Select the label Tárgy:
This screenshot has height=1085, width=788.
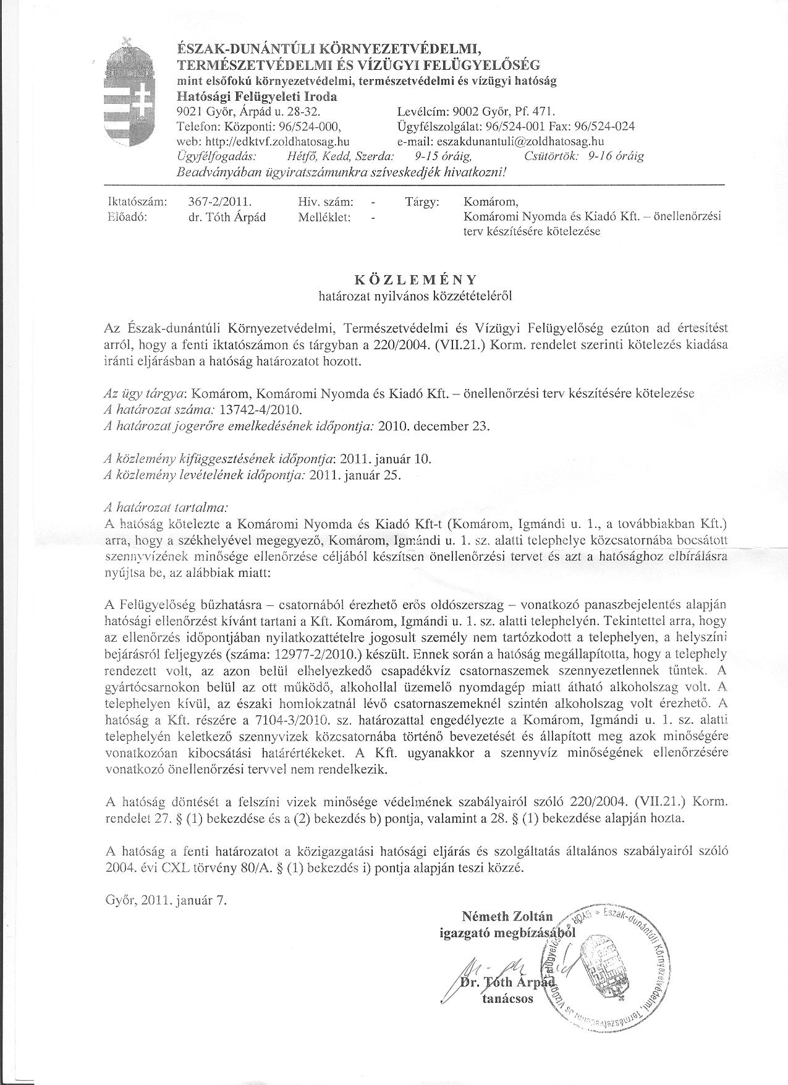pyautogui.click(x=422, y=202)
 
